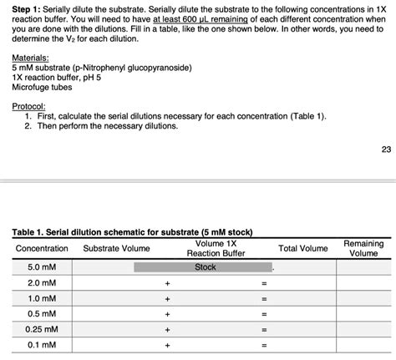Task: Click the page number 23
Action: tap(385, 150)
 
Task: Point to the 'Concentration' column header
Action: tap(42, 249)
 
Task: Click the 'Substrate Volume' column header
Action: tap(116, 249)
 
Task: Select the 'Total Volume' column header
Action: tap(302, 249)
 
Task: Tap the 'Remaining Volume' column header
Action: tap(363, 248)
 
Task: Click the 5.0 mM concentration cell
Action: tap(41, 267)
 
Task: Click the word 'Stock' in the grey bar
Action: tap(205, 267)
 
